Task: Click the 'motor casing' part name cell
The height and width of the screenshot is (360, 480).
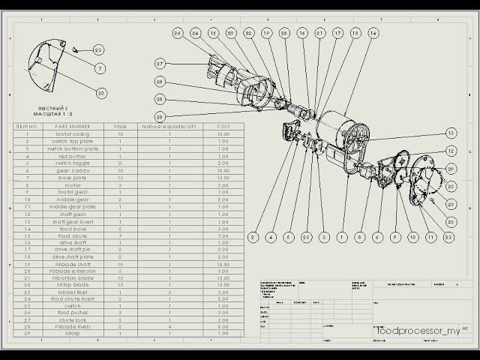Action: [73, 133]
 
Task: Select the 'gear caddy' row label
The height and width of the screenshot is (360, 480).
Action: [73, 170]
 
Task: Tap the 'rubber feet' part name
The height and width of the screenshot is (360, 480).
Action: [73, 292]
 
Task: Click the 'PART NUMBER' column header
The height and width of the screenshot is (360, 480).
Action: [73, 126]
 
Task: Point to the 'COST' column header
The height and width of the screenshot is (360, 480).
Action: [223, 126]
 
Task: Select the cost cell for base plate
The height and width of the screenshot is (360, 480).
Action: [223, 177]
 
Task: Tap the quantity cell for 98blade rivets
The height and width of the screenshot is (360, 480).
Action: [170, 327]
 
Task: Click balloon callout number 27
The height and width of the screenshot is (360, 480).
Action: [160, 63]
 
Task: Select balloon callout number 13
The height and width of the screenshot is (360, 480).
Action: [451, 133]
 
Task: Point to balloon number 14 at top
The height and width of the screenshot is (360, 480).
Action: [373, 33]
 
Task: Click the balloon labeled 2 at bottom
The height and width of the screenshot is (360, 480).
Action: [253, 237]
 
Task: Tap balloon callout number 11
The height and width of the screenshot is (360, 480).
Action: [430, 237]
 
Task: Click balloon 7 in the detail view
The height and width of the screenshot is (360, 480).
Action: [100, 68]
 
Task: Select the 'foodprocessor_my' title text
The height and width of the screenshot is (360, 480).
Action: [417, 330]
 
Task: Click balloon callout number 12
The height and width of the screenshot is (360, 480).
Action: [451, 151]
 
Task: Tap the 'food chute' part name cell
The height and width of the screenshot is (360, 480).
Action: [73, 235]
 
